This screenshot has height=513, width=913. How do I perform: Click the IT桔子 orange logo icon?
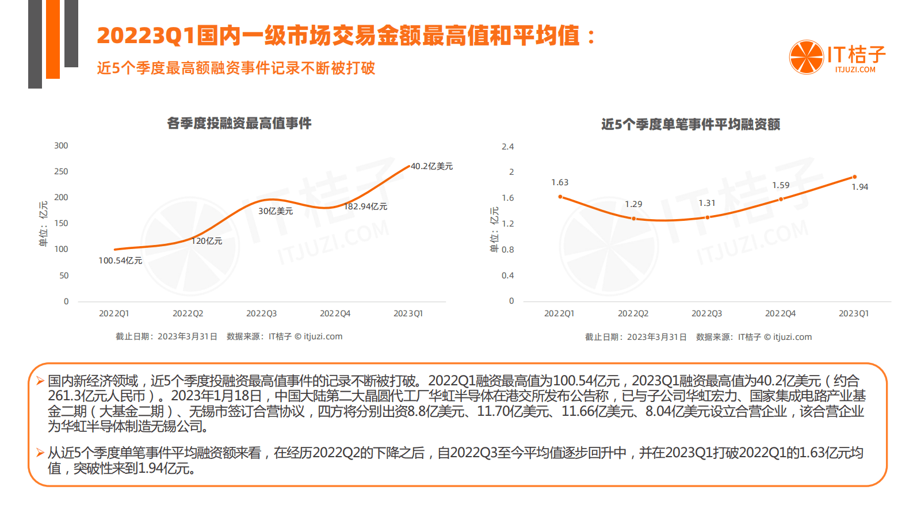tap(806, 57)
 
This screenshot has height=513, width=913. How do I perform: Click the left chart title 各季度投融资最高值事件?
tap(239, 123)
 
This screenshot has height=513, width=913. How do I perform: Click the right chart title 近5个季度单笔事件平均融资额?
tap(690, 124)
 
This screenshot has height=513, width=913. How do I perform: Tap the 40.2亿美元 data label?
tap(431, 166)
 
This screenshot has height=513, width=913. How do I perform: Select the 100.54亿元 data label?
tap(120, 261)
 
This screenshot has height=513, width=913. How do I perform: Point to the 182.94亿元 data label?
tap(366, 206)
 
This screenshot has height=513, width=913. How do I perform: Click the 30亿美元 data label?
tap(276, 211)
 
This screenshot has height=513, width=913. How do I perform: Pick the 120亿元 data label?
tap(207, 241)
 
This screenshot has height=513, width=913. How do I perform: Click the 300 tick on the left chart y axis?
tap(61, 146)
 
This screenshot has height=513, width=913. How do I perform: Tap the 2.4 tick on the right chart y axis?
tap(507, 147)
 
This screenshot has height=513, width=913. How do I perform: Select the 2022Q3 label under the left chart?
tap(261, 313)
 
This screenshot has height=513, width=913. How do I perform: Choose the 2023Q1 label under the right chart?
tap(854, 313)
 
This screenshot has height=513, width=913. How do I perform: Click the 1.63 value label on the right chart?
tap(560, 182)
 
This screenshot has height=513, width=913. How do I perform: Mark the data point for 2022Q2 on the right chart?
tap(633, 219)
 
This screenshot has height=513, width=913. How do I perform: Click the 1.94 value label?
tap(859, 187)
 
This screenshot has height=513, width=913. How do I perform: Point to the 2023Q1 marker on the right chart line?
tap(854, 177)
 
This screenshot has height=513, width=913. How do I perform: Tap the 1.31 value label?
tap(707, 203)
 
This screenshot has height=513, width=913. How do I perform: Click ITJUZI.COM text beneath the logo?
tap(855, 70)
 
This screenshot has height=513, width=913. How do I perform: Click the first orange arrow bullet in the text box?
tap(40, 381)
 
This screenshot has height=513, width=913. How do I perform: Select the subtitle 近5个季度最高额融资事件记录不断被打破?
tap(236, 68)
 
